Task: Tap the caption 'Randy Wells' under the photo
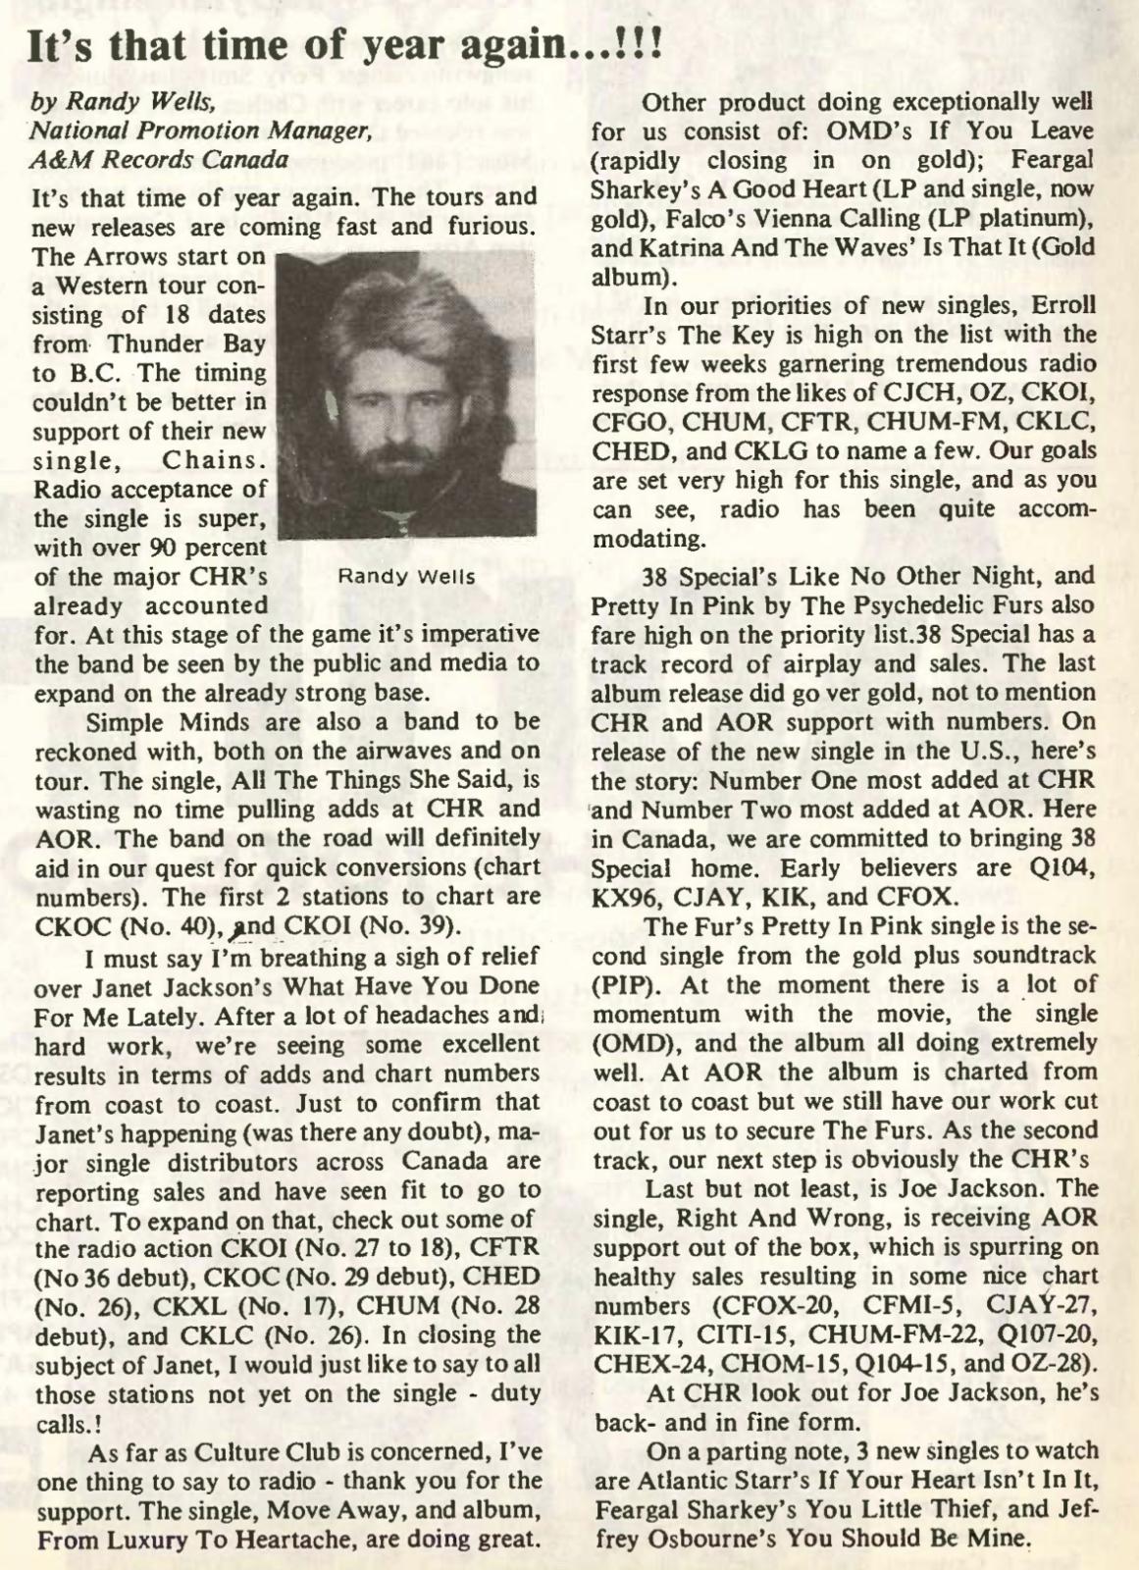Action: point(406,577)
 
